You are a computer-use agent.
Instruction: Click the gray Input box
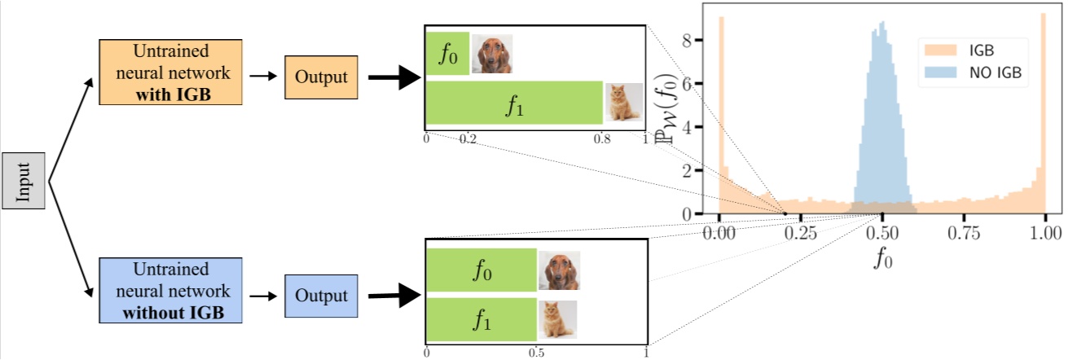[x=23, y=181]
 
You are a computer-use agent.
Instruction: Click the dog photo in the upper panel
[x=491, y=54]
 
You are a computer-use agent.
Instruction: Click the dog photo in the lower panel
[x=559, y=270]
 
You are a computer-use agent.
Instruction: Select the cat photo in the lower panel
[x=557, y=319]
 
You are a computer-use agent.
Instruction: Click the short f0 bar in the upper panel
[x=447, y=54]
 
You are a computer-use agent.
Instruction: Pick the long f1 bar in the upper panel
[x=514, y=103]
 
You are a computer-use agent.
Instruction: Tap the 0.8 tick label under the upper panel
[x=601, y=140]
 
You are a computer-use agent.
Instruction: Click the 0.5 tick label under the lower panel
[x=537, y=353]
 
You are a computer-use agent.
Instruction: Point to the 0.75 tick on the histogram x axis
[x=963, y=231]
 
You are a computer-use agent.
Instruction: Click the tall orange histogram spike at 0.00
[x=721, y=114]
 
